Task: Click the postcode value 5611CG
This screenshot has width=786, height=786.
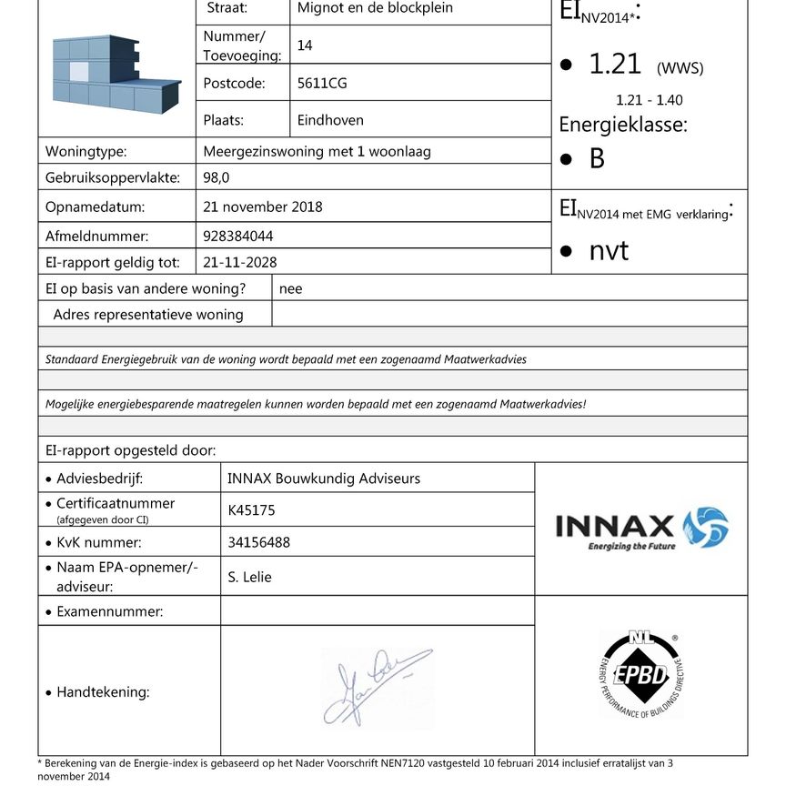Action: coord(322,84)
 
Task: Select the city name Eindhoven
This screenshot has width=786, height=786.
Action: coord(330,120)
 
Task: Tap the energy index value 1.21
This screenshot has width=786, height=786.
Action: coord(614,65)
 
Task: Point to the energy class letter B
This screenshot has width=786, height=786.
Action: coord(597,159)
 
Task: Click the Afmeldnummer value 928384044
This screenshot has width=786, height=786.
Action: coord(238,237)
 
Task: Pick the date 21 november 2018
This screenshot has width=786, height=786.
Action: coord(263,207)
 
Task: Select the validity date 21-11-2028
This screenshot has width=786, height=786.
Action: coord(240,263)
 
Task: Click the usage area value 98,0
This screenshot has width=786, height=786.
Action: coord(217,178)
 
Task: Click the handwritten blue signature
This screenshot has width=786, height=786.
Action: coord(376,688)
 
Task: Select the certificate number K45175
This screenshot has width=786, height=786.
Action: coord(251,511)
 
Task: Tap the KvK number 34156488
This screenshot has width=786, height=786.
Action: coord(258,543)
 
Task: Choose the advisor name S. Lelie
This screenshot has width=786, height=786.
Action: coord(250,577)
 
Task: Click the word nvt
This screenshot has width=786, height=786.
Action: coord(609,251)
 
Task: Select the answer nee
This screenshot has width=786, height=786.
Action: coord(291,289)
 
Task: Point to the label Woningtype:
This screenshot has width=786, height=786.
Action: coord(86,152)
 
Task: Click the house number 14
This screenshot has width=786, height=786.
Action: coord(305,45)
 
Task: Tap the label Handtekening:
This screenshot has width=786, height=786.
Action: coord(103,692)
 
